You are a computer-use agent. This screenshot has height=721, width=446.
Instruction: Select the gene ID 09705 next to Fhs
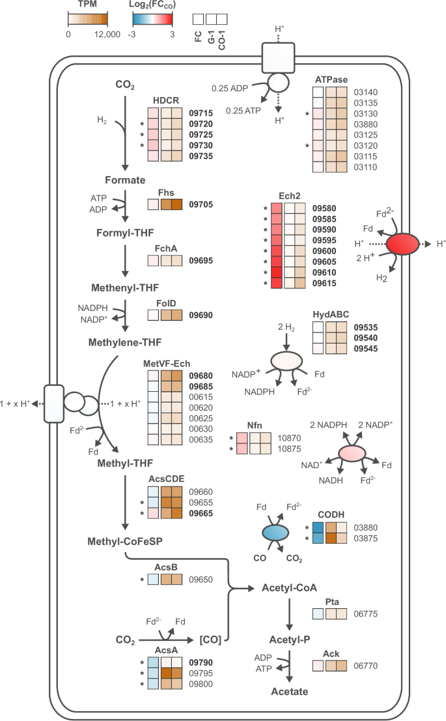click(x=202, y=204)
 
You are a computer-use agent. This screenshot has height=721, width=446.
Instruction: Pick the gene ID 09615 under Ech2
click(x=325, y=284)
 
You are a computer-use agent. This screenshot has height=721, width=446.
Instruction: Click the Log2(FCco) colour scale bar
click(x=152, y=19)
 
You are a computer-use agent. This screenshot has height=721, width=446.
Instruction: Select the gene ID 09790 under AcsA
click(x=202, y=662)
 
